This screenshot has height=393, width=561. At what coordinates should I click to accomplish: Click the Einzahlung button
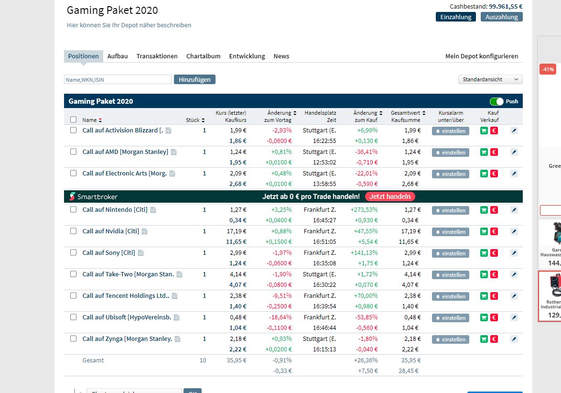pyautogui.click(x=455, y=17)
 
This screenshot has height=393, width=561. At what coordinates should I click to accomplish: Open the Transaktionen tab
pyautogui.click(x=157, y=56)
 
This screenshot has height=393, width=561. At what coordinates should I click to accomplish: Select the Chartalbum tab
pyautogui.click(x=203, y=56)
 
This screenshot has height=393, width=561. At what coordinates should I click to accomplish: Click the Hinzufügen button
pyautogui.click(x=194, y=79)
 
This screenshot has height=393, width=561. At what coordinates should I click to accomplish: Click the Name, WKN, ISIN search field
pyautogui.click(x=118, y=79)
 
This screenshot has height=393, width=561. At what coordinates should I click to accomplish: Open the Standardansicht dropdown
pyautogui.click(x=490, y=79)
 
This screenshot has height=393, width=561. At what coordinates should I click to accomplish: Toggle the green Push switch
pyautogui.click(x=496, y=101)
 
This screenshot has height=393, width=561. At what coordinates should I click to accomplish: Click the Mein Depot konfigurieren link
pyautogui.click(x=481, y=56)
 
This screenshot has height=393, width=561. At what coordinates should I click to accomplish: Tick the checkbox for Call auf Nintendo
pyautogui.click(x=74, y=209)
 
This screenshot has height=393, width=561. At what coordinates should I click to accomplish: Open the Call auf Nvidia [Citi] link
pyautogui.click(x=110, y=231)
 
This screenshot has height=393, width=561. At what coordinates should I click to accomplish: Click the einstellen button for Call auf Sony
pyautogui.click(x=450, y=253)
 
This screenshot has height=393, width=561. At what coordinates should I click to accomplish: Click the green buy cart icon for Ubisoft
pyautogui.click(x=484, y=318)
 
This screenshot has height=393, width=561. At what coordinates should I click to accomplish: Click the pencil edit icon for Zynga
pyautogui.click(x=514, y=339)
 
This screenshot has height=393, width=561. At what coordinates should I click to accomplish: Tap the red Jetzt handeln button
pyautogui.click(x=390, y=196)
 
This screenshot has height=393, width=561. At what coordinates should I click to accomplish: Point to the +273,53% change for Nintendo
pyautogui.click(x=364, y=209)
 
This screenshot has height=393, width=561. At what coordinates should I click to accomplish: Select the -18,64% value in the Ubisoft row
pyautogui.click(x=280, y=317)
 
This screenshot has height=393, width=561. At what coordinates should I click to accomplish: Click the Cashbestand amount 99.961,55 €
pyautogui.click(x=505, y=7)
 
